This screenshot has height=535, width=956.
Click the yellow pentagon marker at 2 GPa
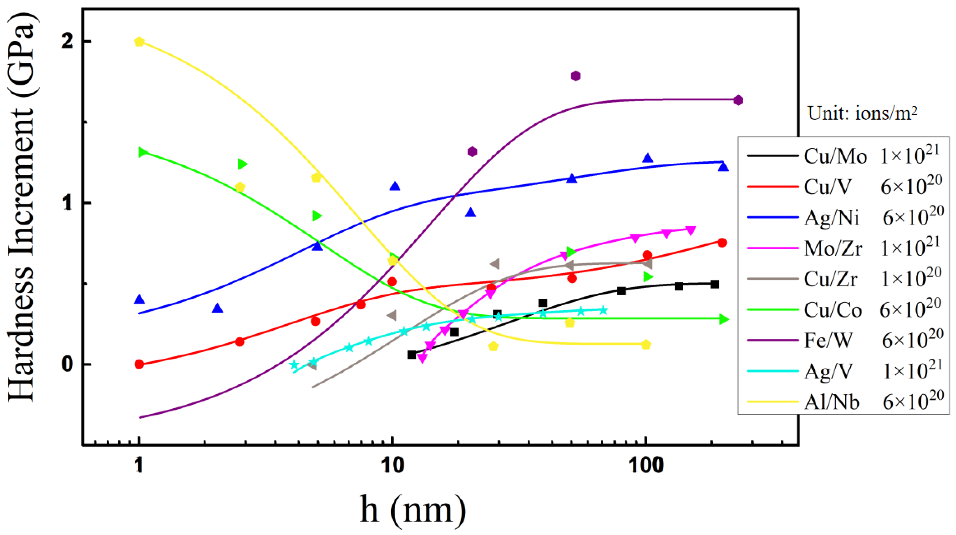click(x=139, y=42)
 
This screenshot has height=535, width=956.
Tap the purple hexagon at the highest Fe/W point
click(x=576, y=76)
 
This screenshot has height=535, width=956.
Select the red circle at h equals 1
click(x=139, y=364)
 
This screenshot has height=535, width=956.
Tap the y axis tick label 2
click(x=67, y=42)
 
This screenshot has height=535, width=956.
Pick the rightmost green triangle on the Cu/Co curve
click(x=724, y=319)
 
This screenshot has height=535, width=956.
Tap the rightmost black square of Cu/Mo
click(x=715, y=284)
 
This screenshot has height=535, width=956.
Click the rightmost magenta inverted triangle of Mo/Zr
click(x=690, y=230)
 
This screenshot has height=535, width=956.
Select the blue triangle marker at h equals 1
click(x=139, y=299)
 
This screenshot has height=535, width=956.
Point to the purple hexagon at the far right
click(x=738, y=101)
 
